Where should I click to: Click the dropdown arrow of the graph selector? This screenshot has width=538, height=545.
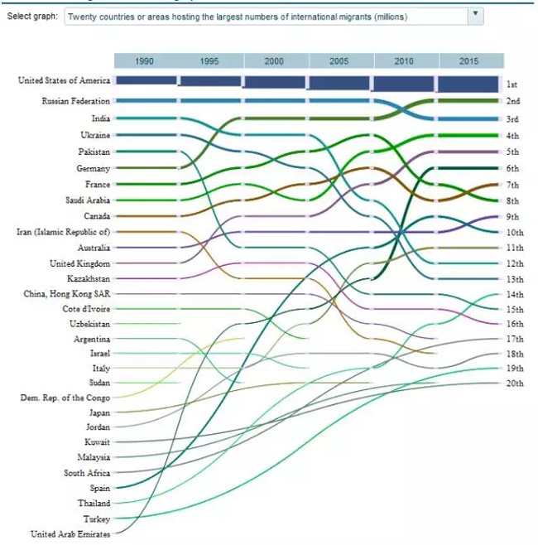click(475, 15)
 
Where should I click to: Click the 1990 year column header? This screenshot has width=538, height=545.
click(144, 61)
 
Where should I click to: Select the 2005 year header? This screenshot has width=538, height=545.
click(339, 61)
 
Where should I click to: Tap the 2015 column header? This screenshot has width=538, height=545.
click(469, 61)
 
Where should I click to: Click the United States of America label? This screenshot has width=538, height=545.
click(64, 80)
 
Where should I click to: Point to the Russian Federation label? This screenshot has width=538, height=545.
click(75, 101)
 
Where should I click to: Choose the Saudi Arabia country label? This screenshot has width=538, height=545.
click(87, 200)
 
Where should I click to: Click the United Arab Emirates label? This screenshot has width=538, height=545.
click(70, 534)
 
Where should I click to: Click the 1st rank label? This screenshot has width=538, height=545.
click(512, 84)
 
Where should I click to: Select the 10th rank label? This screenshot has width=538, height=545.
click(513, 232)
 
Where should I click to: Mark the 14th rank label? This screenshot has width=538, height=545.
click(513, 294)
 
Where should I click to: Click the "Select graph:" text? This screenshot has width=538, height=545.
click(32, 16)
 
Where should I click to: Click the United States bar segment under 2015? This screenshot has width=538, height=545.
click(468, 84)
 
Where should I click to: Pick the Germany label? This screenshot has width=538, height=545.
click(93, 168)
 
